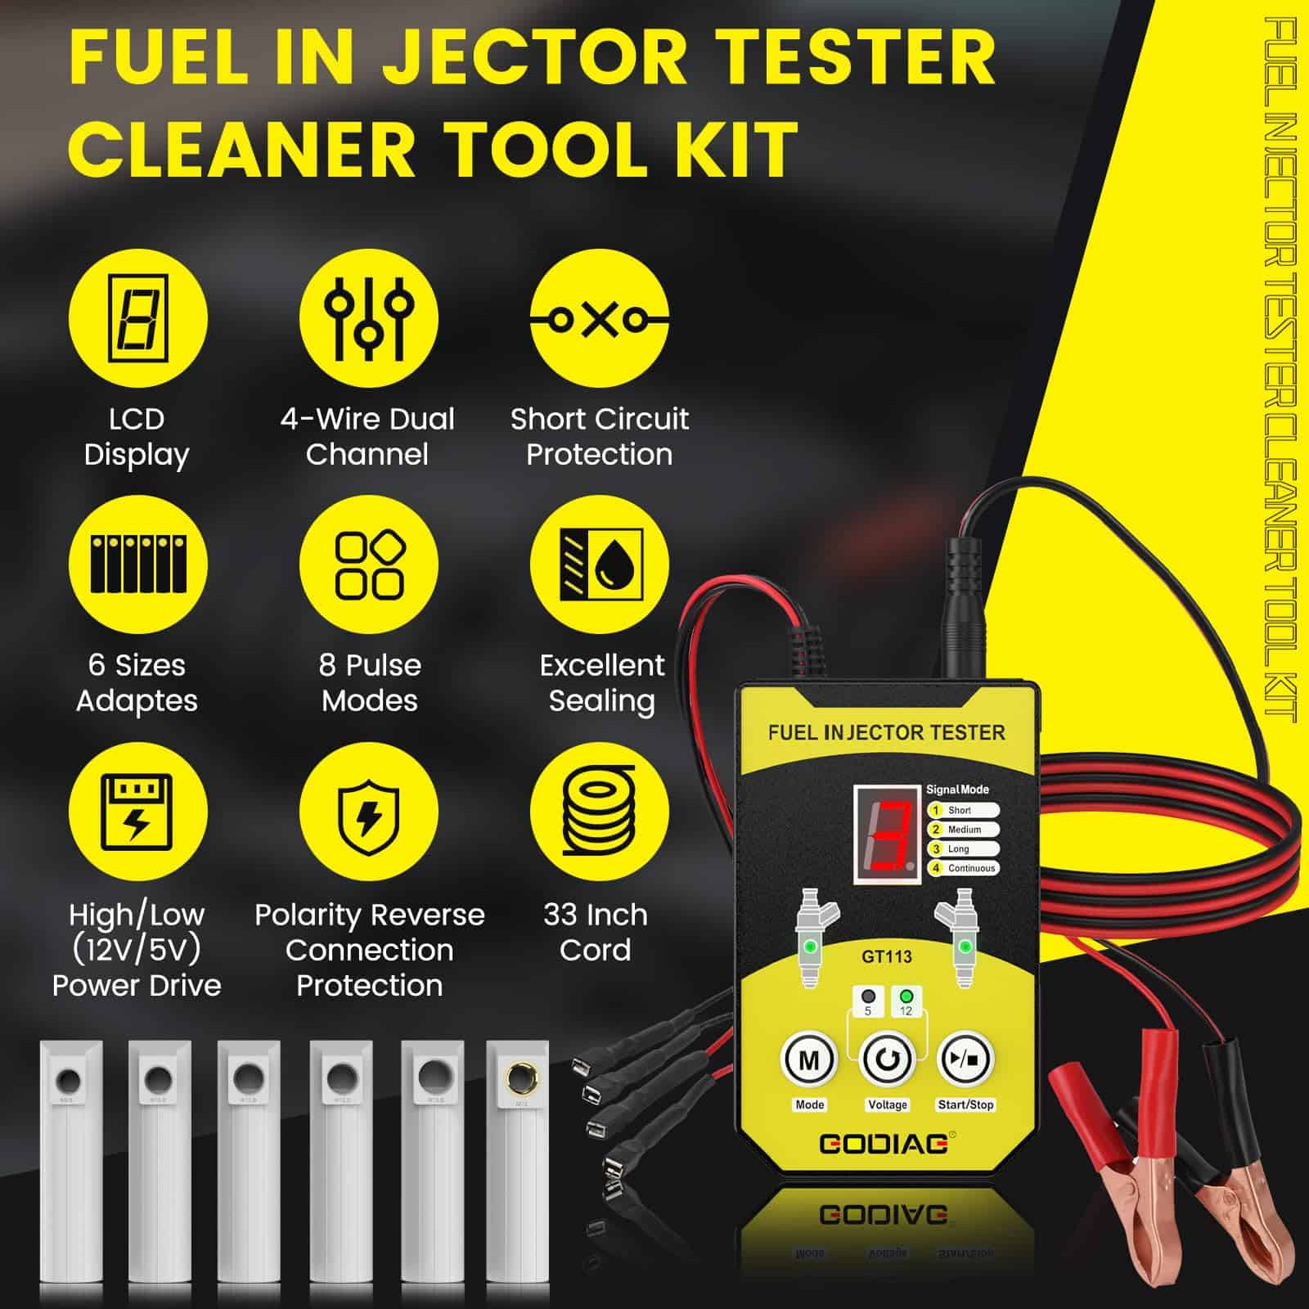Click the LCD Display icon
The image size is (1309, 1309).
click(137, 318)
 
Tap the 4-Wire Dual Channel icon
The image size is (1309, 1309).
click(368, 318)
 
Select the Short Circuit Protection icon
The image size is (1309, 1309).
click(600, 318)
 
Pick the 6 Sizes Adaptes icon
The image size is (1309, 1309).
click(137, 565)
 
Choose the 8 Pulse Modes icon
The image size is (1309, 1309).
click(368, 565)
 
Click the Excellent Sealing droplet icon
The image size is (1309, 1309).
click(600, 565)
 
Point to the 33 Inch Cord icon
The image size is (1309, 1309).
click(600, 812)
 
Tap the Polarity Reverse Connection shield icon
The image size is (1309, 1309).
click(368, 812)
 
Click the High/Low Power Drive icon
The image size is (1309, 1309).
click(137, 812)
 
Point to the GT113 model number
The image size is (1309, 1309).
click(887, 956)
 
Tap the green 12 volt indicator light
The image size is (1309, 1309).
click(906, 997)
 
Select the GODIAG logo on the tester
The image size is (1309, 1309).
click(884, 1142)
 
